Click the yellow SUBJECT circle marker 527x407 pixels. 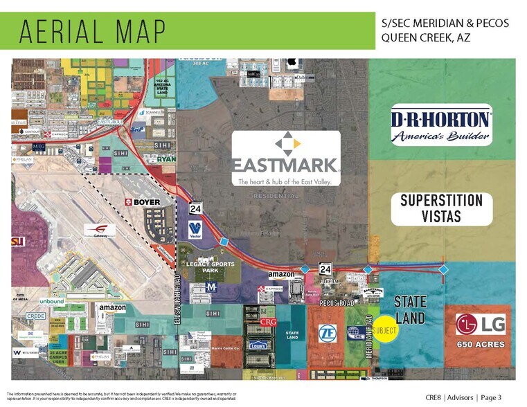(x=385, y=330)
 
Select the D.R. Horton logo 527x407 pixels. (x=441, y=126)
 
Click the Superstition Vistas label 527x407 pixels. (x=441, y=209)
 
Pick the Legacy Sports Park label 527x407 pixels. (x=210, y=267)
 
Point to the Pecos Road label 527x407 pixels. (x=337, y=302)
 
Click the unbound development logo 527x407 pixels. (x=51, y=302)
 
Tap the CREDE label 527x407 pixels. (x=36, y=316)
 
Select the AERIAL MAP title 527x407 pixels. (x=92, y=31)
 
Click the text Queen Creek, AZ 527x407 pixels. (x=426, y=37)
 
